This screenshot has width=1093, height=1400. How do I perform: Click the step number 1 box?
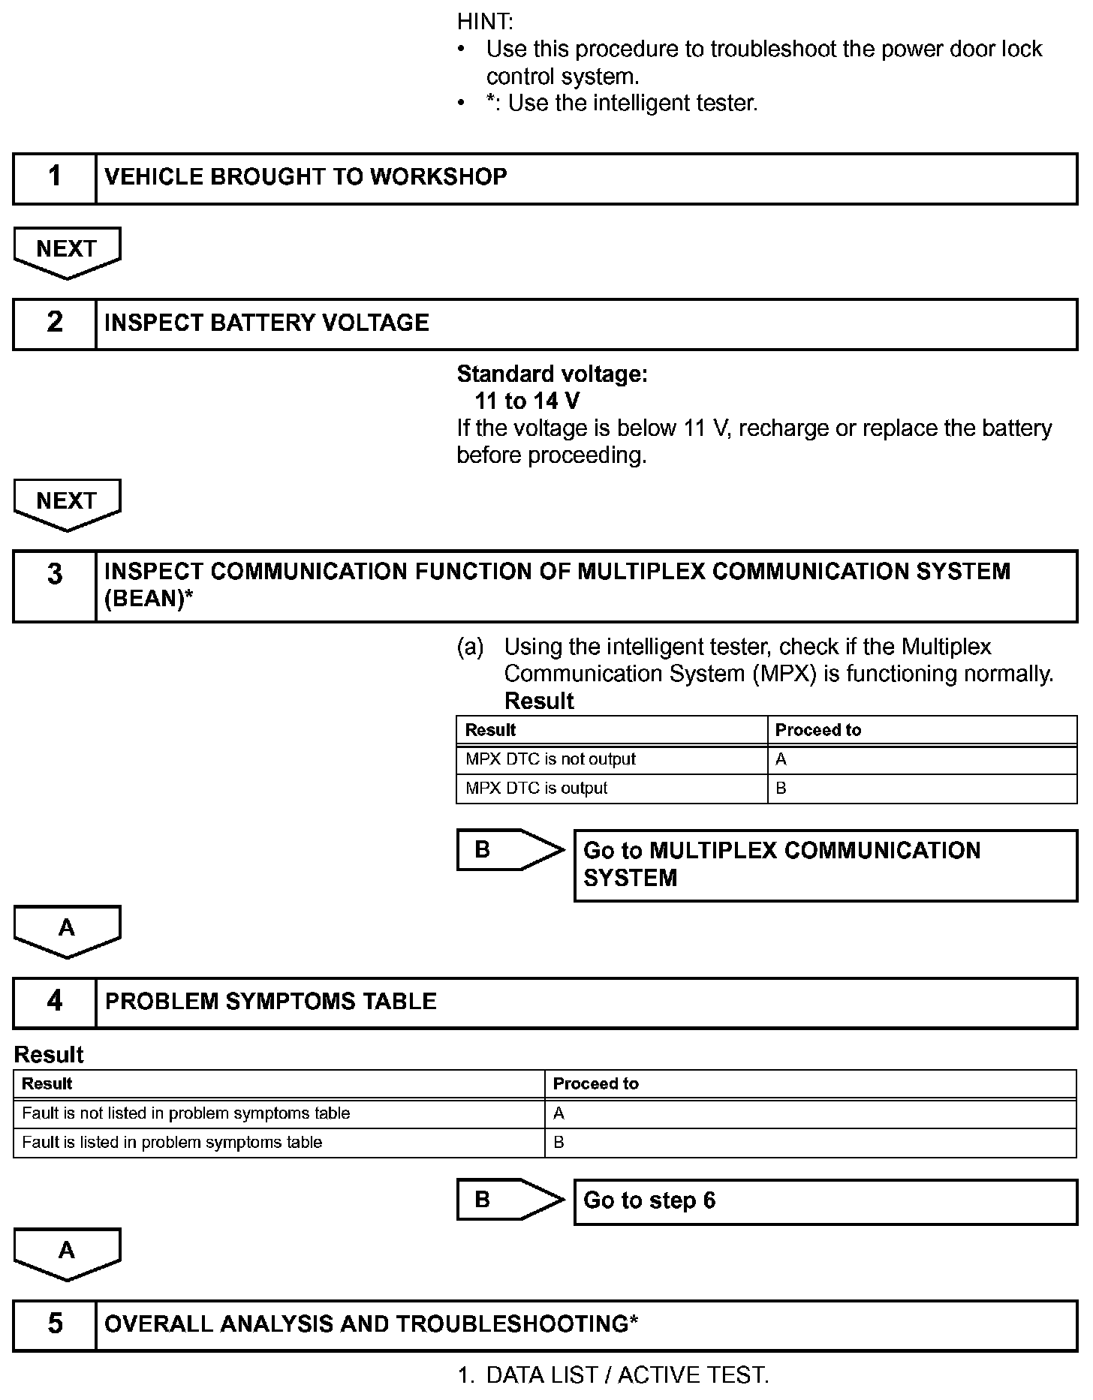55,178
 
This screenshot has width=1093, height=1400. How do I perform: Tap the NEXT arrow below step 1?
67,251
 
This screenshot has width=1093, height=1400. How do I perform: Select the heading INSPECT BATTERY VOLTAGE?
267,323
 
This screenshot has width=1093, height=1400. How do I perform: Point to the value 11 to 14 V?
527,401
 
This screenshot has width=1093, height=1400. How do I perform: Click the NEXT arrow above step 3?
67,503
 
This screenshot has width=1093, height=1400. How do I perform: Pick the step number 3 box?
55,586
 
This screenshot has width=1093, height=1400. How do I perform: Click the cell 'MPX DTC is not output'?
550,759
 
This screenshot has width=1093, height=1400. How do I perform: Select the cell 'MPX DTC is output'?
536,789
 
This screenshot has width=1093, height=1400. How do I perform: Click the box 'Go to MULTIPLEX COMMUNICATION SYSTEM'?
825,864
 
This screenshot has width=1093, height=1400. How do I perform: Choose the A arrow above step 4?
67,930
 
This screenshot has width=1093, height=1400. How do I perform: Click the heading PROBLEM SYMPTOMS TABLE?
271,1002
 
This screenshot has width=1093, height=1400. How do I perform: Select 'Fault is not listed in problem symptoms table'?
186,1113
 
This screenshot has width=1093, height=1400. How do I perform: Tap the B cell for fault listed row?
559,1143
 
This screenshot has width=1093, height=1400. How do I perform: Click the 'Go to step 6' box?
825,1201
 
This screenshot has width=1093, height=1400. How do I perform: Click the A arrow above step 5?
67,1252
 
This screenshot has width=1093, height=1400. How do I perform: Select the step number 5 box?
55,1324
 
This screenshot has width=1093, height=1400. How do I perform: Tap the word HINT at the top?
485,22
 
